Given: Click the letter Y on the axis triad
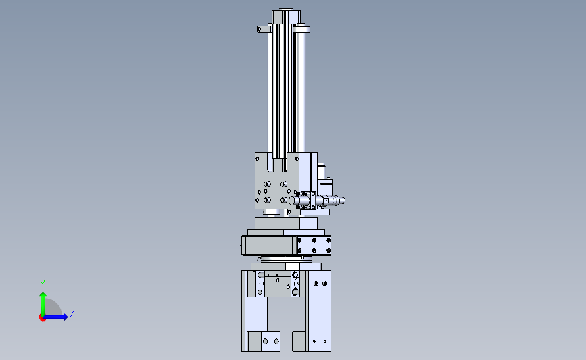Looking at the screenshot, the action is point(43,284).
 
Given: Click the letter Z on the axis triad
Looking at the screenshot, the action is point(72,313).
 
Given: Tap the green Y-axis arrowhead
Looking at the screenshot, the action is point(43,295).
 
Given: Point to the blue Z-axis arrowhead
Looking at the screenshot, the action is point(65,317).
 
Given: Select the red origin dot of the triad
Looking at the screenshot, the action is point(42,318).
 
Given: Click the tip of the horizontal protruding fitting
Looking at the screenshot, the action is point(343,201).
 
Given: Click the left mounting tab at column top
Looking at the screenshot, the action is point(263,29).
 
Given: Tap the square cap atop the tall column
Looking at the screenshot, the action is point(286,16).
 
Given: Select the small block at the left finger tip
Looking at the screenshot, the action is point(270,341).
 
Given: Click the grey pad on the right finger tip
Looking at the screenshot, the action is point(299,341).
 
